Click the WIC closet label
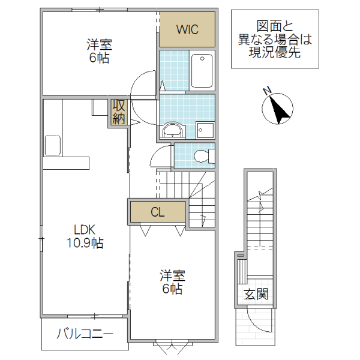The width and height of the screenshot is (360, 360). [x=187, y=29]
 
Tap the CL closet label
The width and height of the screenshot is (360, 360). [x=157, y=212]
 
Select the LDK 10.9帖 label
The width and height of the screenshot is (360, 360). [x=84, y=236]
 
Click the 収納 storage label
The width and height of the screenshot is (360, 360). [x=118, y=113]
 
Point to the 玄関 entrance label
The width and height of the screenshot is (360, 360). [x=256, y=294]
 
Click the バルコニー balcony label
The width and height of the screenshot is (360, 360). [x=84, y=334]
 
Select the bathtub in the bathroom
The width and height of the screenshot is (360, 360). [x=202, y=70]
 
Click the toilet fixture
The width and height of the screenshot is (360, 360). [x=203, y=156]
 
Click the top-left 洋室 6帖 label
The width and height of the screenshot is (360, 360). [x=100, y=51]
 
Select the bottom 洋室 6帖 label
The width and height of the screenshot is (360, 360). [x=172, y=282]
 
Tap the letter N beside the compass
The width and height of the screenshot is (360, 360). [x=268, y=91]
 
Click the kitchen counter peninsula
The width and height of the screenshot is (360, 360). [x=66, y=163]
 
